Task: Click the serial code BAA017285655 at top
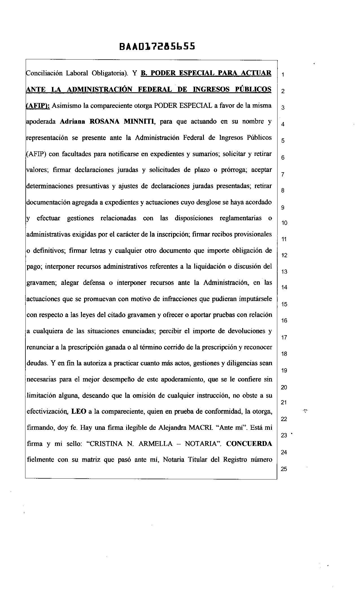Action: [x=157, y=46]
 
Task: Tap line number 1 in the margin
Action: [x=283, y=75]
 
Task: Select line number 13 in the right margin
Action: [x=284, y=272]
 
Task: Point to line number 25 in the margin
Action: [x=284, y=469]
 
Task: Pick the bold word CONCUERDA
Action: [x=249, y=444]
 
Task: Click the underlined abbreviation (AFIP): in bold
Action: [x=38, y=106]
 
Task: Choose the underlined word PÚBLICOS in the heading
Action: [x=253, y=90]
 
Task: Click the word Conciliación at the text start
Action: [x=44, y=73]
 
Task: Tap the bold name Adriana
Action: [x=73, y=122]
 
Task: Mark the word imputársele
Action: [x=256, y=299]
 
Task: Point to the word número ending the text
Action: [x=261, y=460]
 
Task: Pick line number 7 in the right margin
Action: [x=283, y=174]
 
